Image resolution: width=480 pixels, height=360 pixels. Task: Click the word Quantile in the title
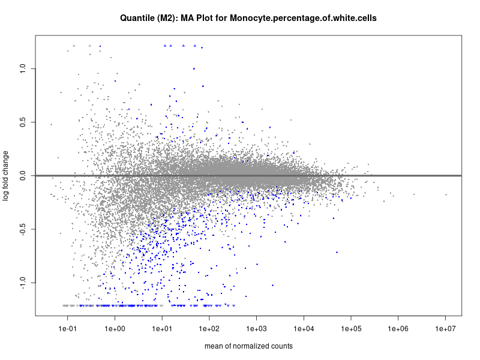click(x=137, y=19)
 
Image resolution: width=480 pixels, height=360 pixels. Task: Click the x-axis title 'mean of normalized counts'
click(x=248, y=346)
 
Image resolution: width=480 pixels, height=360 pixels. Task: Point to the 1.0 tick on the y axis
click(x=23, y=69)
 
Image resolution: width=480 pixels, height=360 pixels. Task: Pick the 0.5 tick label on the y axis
click(x=23, y=122)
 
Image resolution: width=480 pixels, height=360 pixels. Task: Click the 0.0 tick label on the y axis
click(x=23, y=176)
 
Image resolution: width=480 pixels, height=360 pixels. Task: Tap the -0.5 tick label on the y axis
click(x=22, y=229)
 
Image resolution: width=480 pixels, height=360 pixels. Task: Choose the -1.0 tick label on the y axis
click(x=22, y=283)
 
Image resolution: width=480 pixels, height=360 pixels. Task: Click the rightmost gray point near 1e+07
click(x=446, y=194)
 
